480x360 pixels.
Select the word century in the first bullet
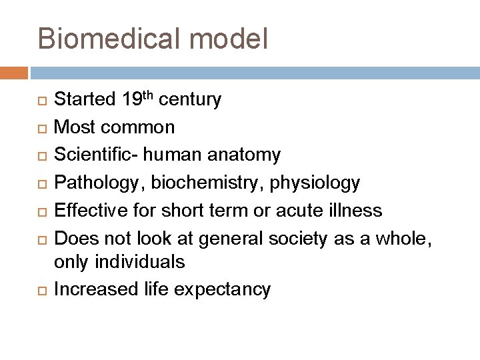pos(195,101)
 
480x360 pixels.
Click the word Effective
pos(86,210)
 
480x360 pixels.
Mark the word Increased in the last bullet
pos(91,289)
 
